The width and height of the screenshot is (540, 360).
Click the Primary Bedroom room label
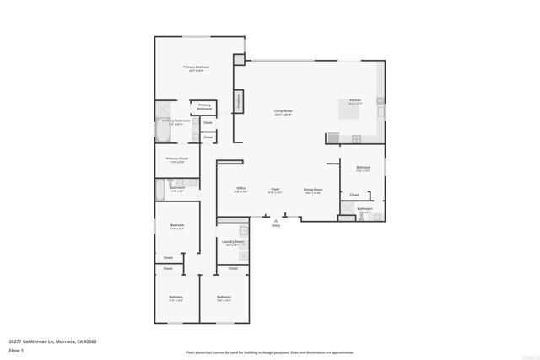click(197, 67)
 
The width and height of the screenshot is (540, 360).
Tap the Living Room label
click(283, 111)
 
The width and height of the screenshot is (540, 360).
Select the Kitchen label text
click(355, 100)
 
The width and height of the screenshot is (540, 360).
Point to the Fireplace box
click(240, 100)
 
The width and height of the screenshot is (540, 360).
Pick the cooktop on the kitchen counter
click(357, 138)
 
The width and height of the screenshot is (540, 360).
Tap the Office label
click(240, 189)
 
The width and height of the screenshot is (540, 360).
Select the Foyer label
click(275, 189)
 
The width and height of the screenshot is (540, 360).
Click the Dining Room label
click(313, 190)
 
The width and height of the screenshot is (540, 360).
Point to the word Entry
click(276, 226)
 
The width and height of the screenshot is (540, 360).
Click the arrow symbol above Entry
click(276, 220)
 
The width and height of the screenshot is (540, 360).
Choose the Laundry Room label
click(233, 242)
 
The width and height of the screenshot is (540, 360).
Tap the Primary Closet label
click(177, 159)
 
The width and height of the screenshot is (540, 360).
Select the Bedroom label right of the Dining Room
click(363, 167)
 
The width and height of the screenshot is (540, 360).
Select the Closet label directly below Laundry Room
click(232, 269)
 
